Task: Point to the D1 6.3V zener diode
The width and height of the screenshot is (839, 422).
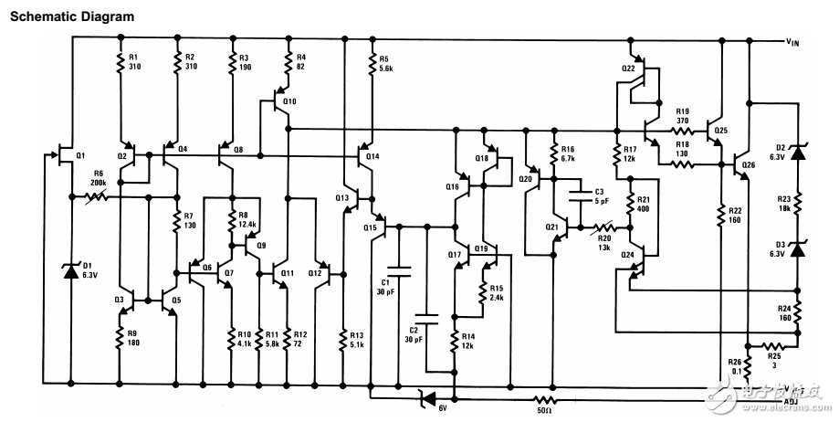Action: [x=70, y=270]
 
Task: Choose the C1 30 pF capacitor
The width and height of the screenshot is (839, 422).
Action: [x=399, y=269]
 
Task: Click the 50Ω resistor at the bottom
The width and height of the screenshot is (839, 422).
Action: [x=545, y=399]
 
